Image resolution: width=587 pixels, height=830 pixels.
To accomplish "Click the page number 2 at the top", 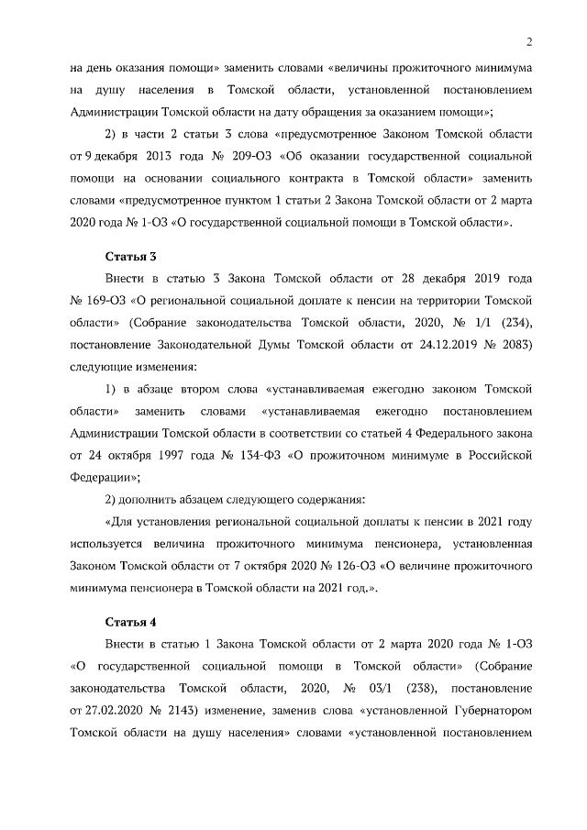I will click(x=529, y=40).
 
